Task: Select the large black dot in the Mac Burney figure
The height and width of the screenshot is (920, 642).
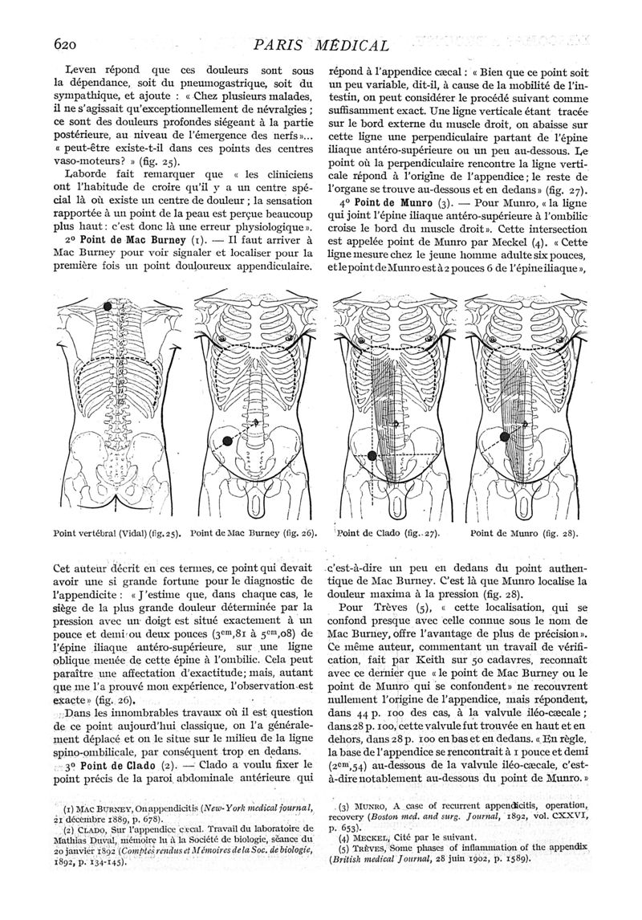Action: pyautogui.click(x=228, y=440)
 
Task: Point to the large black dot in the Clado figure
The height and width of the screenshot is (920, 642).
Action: pyautogui.click(x=372, y=456)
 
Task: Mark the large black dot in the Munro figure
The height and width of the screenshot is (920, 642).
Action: pyautogui.click(x=505, y=437)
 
